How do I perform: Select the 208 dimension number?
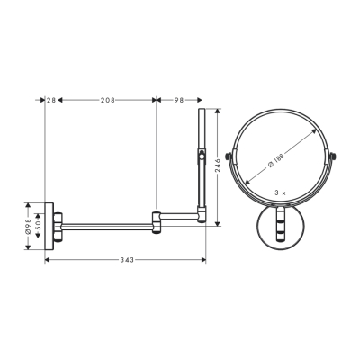(x=107, y=101)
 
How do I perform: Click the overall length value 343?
(x=127, y=260)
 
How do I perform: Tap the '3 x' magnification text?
(x=279, y=192)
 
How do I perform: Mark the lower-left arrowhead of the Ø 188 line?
(x=245, y=187)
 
